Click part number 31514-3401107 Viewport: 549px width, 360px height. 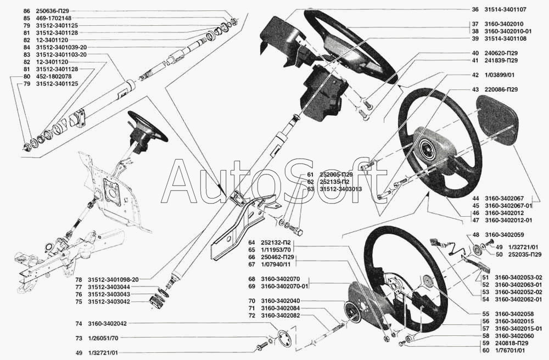coord(505,9)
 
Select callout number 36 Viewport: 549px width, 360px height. coord(475,9)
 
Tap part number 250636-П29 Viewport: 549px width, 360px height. coord(54,11)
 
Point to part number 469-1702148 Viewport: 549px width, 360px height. coord(54,18)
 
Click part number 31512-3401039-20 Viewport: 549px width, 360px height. coord(61,47)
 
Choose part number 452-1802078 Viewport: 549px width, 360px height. coord(54,76)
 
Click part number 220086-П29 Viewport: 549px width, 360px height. coord(501,89)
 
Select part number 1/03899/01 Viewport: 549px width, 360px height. coord(500,75)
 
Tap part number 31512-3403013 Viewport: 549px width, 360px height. coord(341,189)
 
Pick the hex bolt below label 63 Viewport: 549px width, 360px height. coord(297,230)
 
